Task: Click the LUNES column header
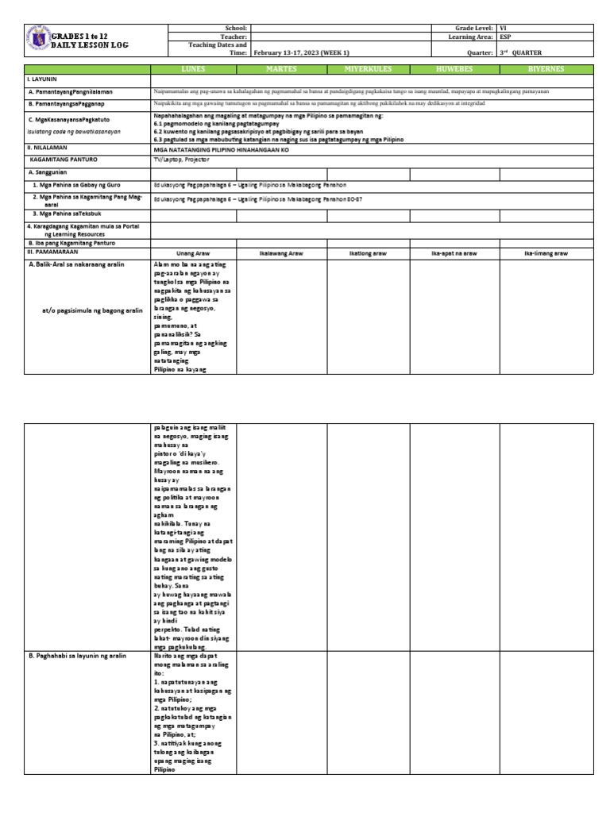click(x=193, y=69)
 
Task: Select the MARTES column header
click(x=282, y=69)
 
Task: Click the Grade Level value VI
click(x=504, y=28)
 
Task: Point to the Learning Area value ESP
click(x=506, y=37)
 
